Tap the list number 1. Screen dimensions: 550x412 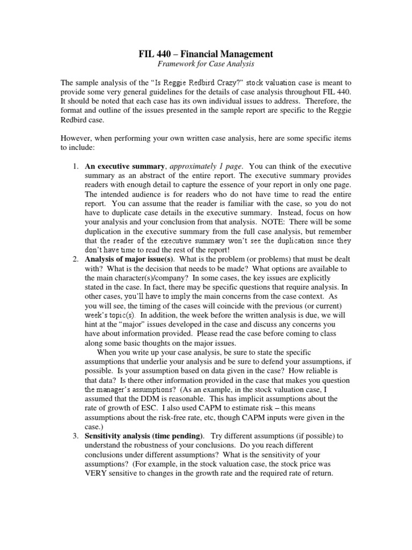[x=76, y=167]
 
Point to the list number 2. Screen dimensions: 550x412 [x=76, y=259]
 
